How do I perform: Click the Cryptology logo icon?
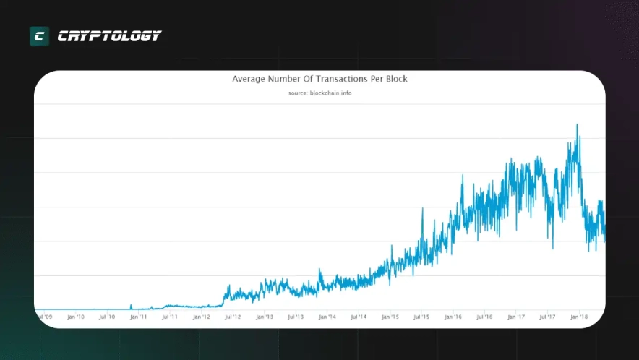click(39, 36)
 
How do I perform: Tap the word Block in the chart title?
click(394, 78)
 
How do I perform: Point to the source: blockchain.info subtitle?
click(319, 93)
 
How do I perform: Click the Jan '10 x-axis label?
click(76, 317)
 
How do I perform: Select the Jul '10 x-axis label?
click(107, 317)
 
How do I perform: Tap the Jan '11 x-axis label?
click(139, 317)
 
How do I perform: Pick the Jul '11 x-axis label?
click(170, 317)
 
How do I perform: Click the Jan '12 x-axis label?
click(202, 317)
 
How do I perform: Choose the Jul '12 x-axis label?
click(233, 317)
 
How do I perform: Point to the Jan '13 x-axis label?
click(265, 317)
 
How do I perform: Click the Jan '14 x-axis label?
click(327, 317)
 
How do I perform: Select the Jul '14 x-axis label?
click(359, 317)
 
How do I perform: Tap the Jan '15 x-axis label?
click(390, 317)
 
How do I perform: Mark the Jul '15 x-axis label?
click(421, 317)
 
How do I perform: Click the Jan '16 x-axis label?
click(453, 317)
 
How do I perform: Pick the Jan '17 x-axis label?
click(516, 317)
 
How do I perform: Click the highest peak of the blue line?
click(577, 124)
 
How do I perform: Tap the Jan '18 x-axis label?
click(579, 317)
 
